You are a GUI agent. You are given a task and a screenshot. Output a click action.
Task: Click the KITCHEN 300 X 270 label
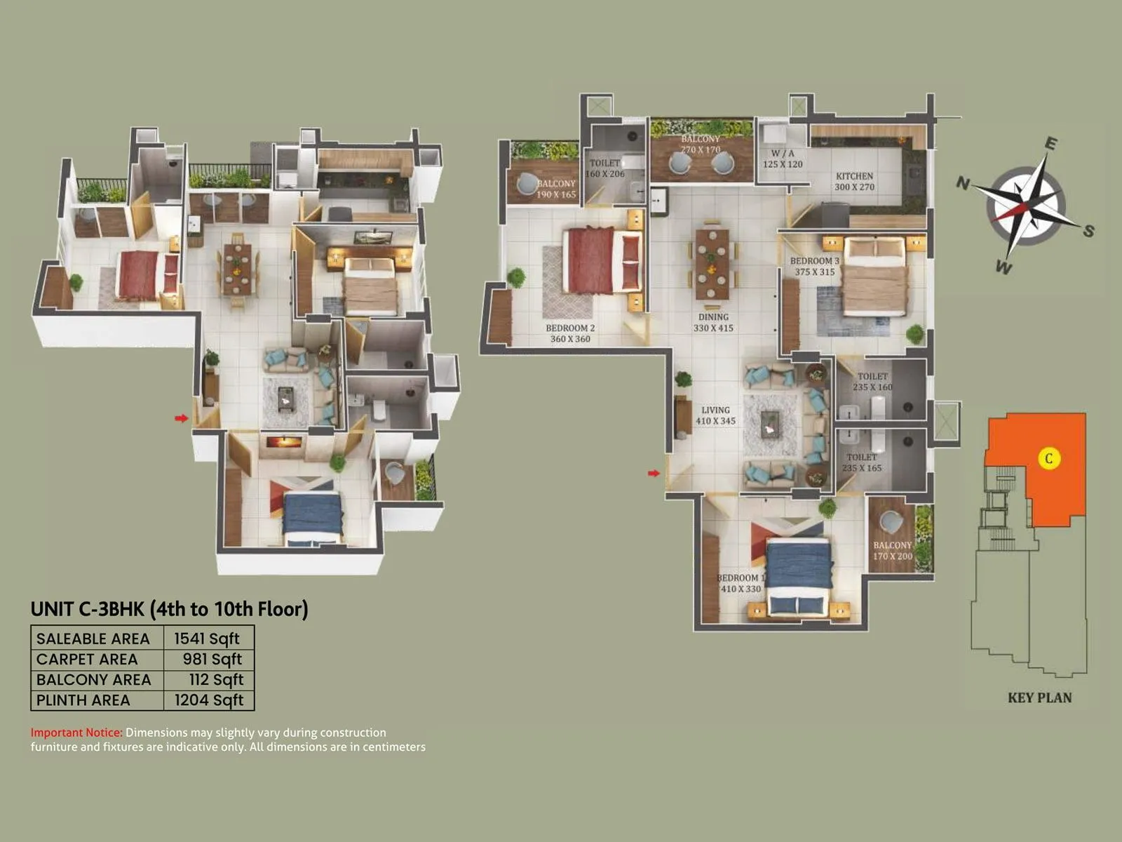click(854, 182)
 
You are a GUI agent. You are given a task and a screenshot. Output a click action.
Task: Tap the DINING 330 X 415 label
click(713, 322)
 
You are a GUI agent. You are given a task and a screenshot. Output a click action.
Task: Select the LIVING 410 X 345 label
click(715, 415)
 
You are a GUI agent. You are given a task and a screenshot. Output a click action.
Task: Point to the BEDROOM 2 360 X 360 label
click(570, 333)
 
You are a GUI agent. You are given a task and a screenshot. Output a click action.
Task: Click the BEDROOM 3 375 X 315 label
click(814, 266)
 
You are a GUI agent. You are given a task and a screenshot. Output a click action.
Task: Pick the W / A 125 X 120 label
click(783, 159)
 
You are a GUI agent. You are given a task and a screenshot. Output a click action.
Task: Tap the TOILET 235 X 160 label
click(872, 382)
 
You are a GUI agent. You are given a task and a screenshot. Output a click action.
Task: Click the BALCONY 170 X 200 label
click(893, 551)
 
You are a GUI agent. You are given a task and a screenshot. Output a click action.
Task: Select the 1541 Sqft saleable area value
click(207, 639)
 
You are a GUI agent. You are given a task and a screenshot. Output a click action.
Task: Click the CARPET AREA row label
click(87, 660)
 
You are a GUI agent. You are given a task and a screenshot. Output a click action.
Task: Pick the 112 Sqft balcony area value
click(216, 679)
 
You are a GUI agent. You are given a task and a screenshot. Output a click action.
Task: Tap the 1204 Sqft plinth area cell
click(209, 700)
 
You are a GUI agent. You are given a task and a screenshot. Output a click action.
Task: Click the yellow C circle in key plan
click(1048, 459)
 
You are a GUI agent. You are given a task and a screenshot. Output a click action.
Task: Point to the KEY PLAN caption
click(1039, 697)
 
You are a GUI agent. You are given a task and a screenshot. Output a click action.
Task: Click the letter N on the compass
click(964, 183)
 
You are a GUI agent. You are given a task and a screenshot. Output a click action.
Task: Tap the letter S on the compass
click(1088, 231)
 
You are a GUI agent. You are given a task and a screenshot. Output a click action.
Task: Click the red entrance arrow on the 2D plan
click(654, 474)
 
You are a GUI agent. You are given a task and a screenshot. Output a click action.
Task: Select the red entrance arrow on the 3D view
click(182, 418)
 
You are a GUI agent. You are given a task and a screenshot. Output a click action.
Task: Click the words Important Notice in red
click(76, 733)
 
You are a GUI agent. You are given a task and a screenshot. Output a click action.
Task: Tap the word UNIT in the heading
click(52, 608)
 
